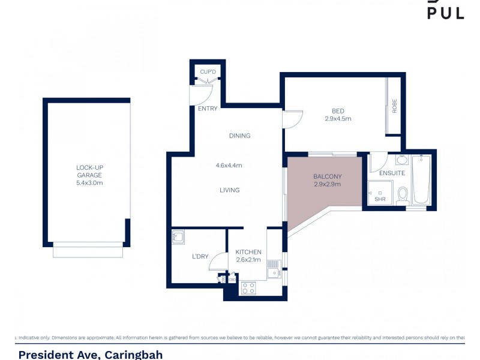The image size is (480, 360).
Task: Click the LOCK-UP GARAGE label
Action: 89,171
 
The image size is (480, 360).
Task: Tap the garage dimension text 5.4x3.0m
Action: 89,183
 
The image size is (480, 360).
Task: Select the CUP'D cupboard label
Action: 208,72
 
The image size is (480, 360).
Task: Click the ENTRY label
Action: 208,109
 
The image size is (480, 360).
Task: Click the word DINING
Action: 239,136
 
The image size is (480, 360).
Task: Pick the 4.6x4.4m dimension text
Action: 229,166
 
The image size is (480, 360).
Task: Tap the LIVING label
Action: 229,190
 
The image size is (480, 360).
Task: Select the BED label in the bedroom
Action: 338,110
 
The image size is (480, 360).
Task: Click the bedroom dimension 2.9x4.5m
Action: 338,119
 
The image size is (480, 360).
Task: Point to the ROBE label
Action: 394,106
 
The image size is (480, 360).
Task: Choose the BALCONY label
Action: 327,176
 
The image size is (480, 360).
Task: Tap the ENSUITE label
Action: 392,173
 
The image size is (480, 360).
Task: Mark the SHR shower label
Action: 379,199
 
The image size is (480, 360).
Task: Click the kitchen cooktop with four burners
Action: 248,288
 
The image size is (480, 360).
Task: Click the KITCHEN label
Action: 248,252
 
